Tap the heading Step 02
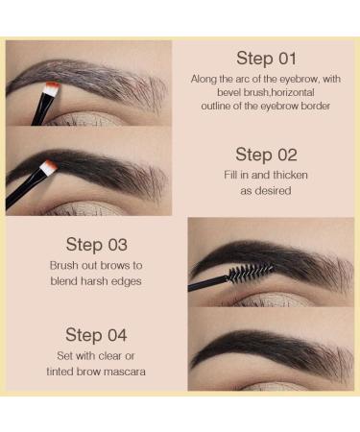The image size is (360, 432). [268, 155]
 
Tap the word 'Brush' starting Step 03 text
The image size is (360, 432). [65, 264]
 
